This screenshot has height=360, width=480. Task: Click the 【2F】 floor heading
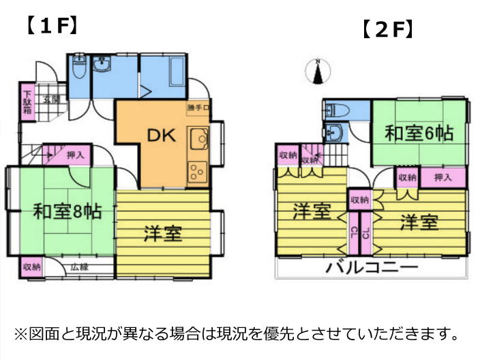(386, 31)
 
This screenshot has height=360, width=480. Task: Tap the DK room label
(162, 135)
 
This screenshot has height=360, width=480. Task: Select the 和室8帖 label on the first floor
(68, 211)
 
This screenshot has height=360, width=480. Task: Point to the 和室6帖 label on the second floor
(419, 133)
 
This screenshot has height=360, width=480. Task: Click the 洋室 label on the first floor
(162, 234)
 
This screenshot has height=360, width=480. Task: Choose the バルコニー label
(372, 267)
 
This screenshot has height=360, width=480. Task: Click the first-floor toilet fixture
(78, 69)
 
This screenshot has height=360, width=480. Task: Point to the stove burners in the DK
(198, 170)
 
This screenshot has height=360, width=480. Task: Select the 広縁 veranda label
(78, 267)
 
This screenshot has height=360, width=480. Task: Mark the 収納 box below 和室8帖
(31, 267)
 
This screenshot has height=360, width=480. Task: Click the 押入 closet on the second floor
(443, 178)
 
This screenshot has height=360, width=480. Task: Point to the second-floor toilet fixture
(337, 110)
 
